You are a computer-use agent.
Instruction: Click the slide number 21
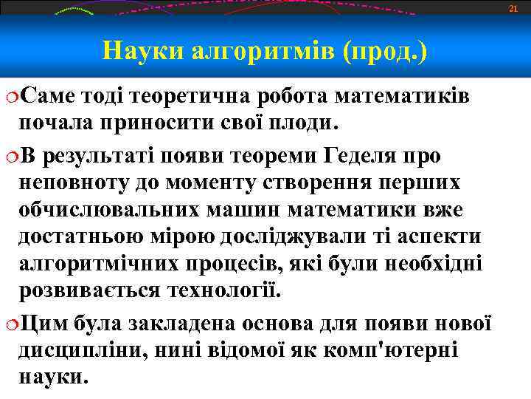[x=515, y=8]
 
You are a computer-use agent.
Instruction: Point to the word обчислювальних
[x=108, y=210]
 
